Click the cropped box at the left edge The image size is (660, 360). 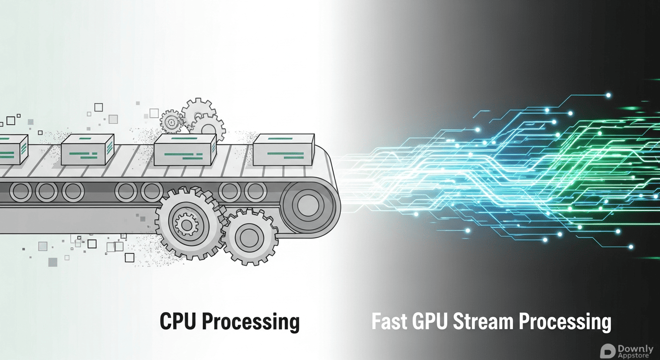9,150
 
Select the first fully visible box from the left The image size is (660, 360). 87,150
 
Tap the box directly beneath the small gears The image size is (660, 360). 185,150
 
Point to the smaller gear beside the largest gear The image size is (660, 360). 249,236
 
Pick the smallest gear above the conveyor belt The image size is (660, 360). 171,122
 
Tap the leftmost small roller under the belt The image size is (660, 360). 21,191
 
